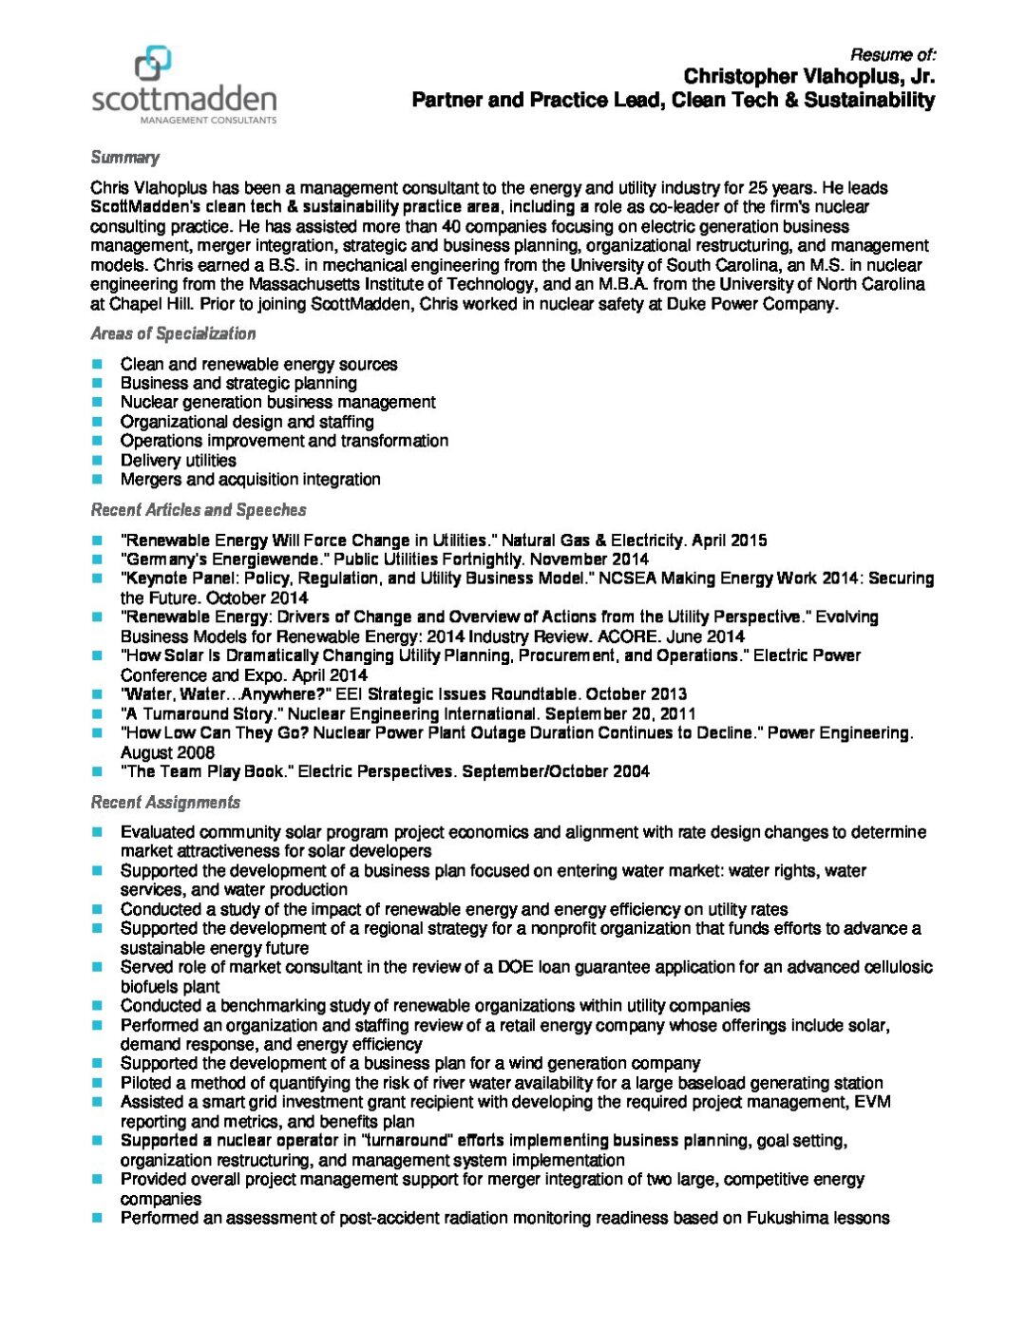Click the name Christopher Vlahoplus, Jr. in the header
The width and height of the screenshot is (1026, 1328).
tap(808, 76)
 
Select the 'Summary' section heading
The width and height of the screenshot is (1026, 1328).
tap(125, 158)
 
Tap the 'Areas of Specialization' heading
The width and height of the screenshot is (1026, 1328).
tap(173, 333)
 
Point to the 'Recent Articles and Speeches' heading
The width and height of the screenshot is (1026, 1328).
tap(199, 510)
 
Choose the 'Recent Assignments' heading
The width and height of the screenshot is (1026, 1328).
tap(165, 803)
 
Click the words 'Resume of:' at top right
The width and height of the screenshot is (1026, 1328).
tap(892, 54)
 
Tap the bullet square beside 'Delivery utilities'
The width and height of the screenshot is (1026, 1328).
tap(97, 461)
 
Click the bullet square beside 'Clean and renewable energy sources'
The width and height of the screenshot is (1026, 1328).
tap(97, 364)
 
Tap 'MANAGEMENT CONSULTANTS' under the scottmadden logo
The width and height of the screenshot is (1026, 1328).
tap(208, 121)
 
